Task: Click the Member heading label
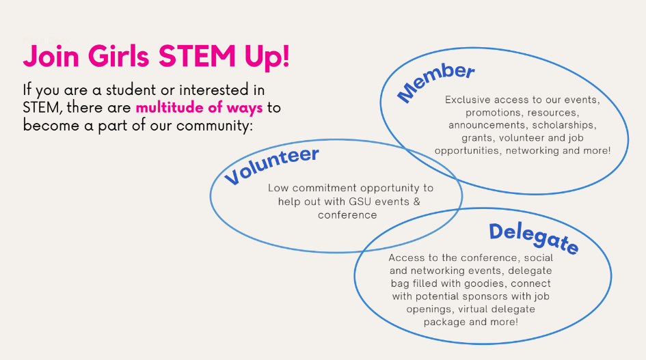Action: coord(435,83)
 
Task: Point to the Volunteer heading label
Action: coord(271,165)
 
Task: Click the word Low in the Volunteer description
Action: coord(278,188)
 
